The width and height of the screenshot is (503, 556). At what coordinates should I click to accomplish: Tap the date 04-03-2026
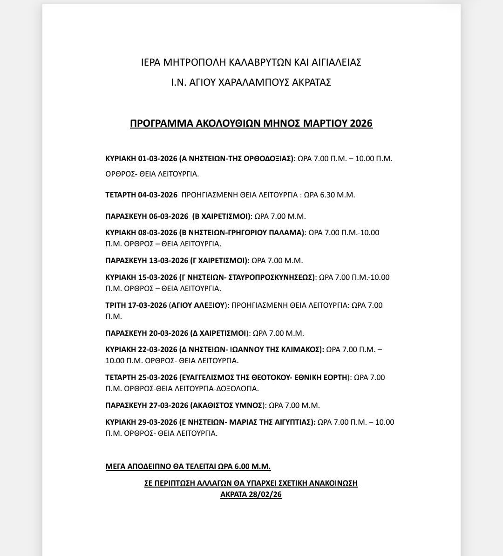(x=157, y=195)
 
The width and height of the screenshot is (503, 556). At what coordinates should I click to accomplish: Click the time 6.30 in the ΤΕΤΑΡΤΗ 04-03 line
(x=327, y=195)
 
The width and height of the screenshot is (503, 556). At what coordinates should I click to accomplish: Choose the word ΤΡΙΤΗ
(x=116, y=305)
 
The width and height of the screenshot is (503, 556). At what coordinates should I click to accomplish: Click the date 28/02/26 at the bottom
(x=265, y=494)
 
